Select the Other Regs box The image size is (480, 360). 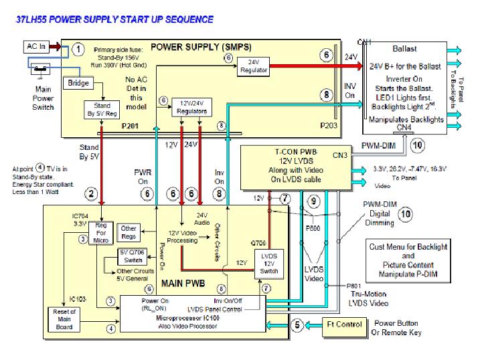pos(129,233)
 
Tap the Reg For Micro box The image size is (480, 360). pos(102,232)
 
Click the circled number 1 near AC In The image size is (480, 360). pos(78,50)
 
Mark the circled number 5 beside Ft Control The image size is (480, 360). pos(297,325)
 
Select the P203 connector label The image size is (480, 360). pos(329,126)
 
